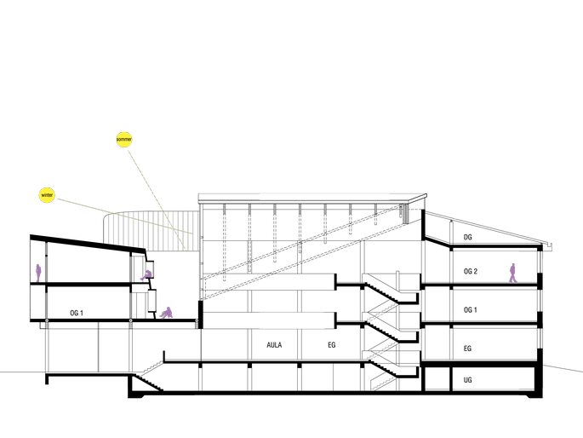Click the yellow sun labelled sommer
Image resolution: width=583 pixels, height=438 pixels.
(124, 139)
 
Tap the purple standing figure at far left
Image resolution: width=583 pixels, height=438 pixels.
(38, 273)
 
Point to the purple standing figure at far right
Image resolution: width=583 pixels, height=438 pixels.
(512, 273)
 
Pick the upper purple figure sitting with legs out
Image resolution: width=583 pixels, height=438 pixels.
(146, 275)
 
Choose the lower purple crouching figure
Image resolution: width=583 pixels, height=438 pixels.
(167, 314)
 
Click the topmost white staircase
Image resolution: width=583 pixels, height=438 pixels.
(382, 312)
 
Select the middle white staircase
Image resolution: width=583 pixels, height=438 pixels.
(382, 350)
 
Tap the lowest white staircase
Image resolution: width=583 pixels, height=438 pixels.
(382, 383)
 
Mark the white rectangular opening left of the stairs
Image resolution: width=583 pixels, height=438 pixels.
(292, 320)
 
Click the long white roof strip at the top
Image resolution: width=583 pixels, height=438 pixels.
(324, 197)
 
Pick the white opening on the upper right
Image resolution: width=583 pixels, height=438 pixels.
(486, 257)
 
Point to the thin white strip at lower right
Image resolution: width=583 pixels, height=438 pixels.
(486, 386)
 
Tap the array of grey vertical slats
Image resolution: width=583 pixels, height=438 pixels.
(151, 231)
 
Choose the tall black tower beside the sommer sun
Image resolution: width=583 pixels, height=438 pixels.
(142, 175)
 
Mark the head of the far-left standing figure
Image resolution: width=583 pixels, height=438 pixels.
(38, 266)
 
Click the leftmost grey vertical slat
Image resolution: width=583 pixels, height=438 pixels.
(104, 231)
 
